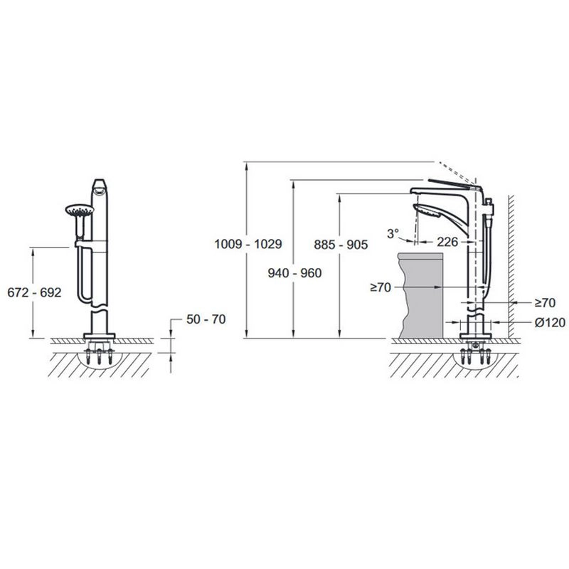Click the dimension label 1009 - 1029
click(x=248, y=244)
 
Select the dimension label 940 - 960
click(x=294, y=273)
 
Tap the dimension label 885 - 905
click(x=341, y=245)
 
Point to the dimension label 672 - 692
click(x=34, y=292)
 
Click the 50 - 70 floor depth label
click(x=206, y=319)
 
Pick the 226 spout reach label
click(x=447, y=242)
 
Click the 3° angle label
click(x=393, y=233)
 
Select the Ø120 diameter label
click(x=550, y=322)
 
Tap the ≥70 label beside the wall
click(x=545, y=303)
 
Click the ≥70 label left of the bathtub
click(x=381, y=287)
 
